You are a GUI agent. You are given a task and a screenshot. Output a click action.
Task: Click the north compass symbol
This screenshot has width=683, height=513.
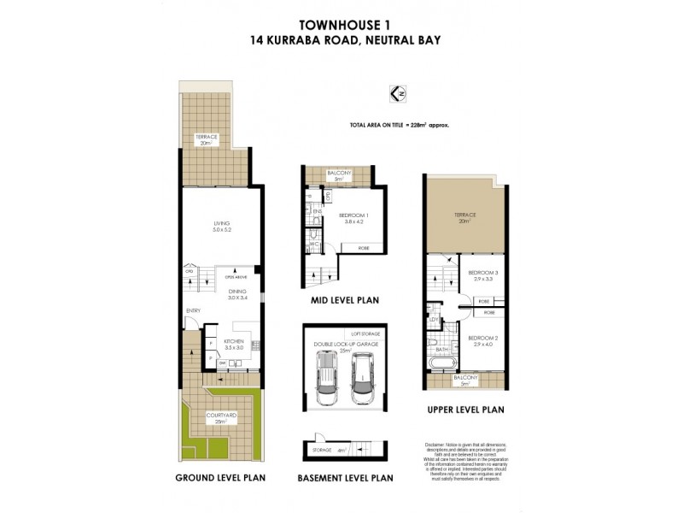[394, 91]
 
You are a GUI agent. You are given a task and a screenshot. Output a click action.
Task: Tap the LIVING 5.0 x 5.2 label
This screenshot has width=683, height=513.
[222, 227]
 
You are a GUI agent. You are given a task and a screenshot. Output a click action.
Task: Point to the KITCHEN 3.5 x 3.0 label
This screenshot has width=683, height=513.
[234, 345]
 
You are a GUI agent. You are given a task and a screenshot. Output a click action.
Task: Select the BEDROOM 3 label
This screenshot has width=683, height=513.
[482, 275]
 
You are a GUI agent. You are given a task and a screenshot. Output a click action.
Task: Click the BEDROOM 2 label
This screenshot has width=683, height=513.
[482, 339]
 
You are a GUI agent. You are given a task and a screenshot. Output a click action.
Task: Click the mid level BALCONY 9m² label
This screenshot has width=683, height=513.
[338, 175]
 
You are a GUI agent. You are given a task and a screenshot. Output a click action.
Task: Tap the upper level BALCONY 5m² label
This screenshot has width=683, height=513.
[466, 380]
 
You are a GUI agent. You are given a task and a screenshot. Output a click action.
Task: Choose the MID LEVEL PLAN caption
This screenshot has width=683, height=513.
[338, 300]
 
